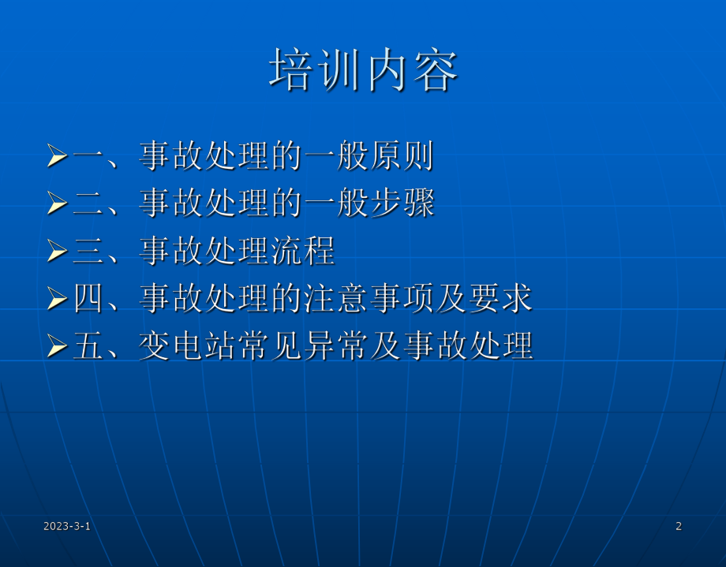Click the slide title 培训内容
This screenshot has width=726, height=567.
(363, 72)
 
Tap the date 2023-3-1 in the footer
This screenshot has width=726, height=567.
(67, 526)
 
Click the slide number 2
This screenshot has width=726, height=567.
(679, 526)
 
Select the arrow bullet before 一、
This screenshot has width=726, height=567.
(57, 156)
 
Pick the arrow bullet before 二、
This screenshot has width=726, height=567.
(57, 203)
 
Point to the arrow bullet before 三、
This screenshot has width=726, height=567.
(57, 251)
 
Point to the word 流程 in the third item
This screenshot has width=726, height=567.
(303, 251)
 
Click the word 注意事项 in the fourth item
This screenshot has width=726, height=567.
(369, 298)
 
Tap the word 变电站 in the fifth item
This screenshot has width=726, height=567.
(188, 345)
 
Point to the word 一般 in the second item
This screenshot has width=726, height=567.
(336, 203)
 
